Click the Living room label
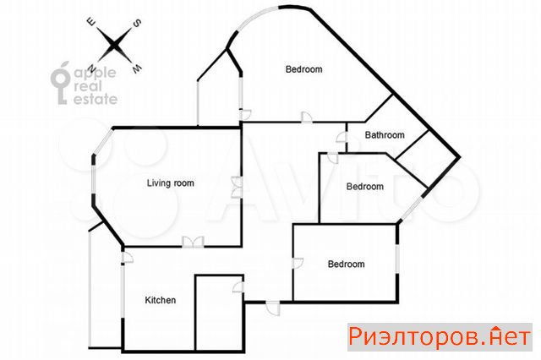click(171, 183)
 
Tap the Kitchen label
click(160, 300)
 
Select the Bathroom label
click(385, 135)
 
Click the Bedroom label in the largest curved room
click(304, 69)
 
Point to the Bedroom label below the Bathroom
click(364, 187)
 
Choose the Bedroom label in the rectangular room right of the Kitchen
click(346, 265)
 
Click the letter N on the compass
click(92, 68)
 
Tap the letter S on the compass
click(137, 23)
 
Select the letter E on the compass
click(91, 23)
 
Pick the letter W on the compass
click(137, 68)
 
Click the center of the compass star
click(114, 45)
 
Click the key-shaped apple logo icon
click(60, 83)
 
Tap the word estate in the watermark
click(96, 99)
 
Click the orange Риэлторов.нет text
click(440, 336)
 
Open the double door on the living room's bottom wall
click(193, 242)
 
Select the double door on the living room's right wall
click(237, 187)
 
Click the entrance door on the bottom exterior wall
click(273, 308)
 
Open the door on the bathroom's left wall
click(342, 137)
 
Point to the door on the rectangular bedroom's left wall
click(298, 263)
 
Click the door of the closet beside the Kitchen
click(238, 287)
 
